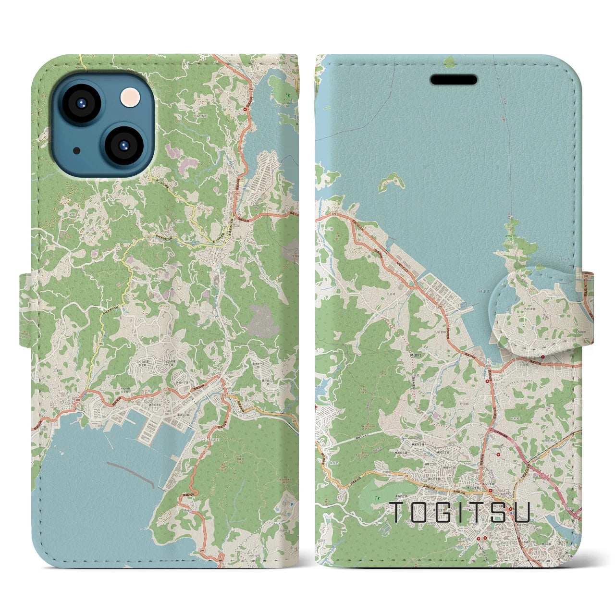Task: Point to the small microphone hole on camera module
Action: [x=76, y=150]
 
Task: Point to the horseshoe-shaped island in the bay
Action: [x=391, y=183]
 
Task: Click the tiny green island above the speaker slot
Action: [x=450, y=61]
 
